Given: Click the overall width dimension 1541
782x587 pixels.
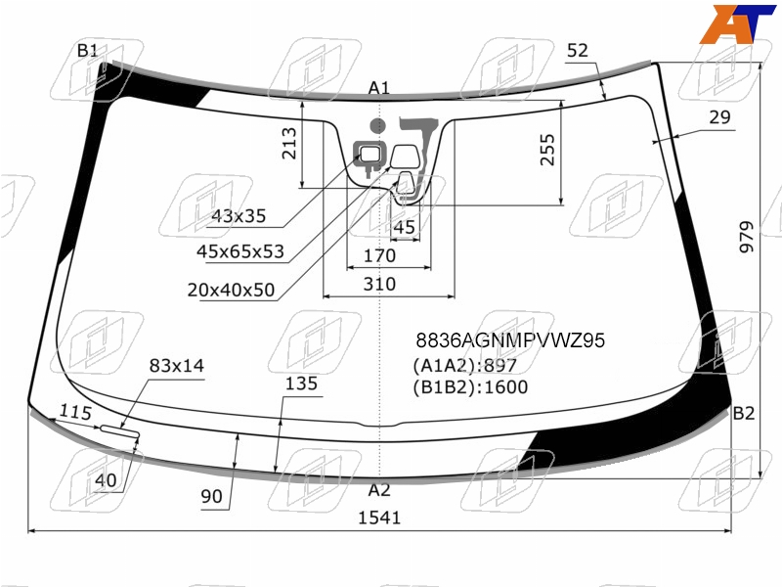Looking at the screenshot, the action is pos(379,518).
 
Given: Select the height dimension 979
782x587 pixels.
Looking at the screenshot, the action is pos(747,237).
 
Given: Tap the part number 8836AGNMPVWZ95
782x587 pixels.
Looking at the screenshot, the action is pos(510,340).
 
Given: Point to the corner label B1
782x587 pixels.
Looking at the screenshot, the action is pos(87,51).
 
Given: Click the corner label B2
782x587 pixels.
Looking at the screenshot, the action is pos(743,413).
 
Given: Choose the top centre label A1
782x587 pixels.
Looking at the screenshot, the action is pos(378,88).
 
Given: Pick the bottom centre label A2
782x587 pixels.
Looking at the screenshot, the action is pos(379,490).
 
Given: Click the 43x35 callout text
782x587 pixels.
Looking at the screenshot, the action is pos(239,216).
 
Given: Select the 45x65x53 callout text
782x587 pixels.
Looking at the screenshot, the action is pos(240,251).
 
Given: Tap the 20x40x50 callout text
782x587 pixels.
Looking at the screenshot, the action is pos(231,290).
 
